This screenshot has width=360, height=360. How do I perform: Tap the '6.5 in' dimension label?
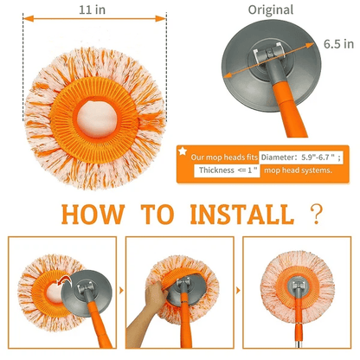337,43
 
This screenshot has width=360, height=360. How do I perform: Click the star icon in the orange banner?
183,151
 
